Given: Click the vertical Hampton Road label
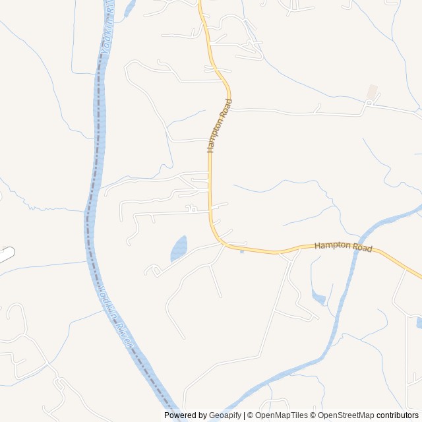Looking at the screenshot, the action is point(220,125).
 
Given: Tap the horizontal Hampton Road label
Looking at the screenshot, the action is point(343,247).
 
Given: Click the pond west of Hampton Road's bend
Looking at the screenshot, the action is point(179,249).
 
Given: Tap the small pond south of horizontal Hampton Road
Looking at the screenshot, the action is point(318,297).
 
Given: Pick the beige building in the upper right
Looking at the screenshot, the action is point(373,92).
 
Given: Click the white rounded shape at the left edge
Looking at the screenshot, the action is point(5,255).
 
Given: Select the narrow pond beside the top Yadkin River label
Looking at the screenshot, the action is point(129,8).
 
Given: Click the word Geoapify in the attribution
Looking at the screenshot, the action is point(225,415).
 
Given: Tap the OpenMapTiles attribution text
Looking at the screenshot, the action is point(280,415).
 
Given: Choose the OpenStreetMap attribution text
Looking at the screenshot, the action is point(346,415).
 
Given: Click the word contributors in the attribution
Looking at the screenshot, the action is point(398,415).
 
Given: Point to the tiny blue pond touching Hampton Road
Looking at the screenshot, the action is point(242,251).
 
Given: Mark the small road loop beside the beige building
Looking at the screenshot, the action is point(369,103).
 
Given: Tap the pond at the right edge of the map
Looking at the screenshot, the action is point(419,322).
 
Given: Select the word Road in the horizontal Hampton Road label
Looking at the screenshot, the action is point(362,249).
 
